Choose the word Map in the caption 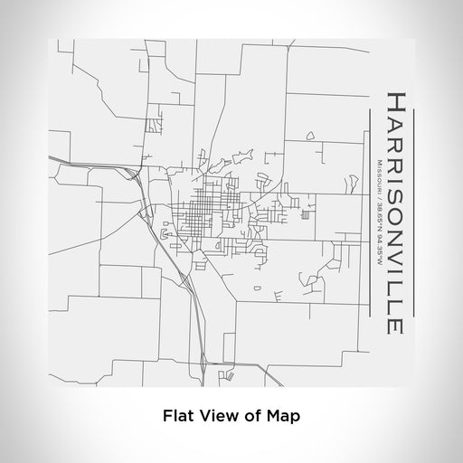(280, 416)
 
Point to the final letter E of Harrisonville (396, 326)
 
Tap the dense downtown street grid (203, 216)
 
